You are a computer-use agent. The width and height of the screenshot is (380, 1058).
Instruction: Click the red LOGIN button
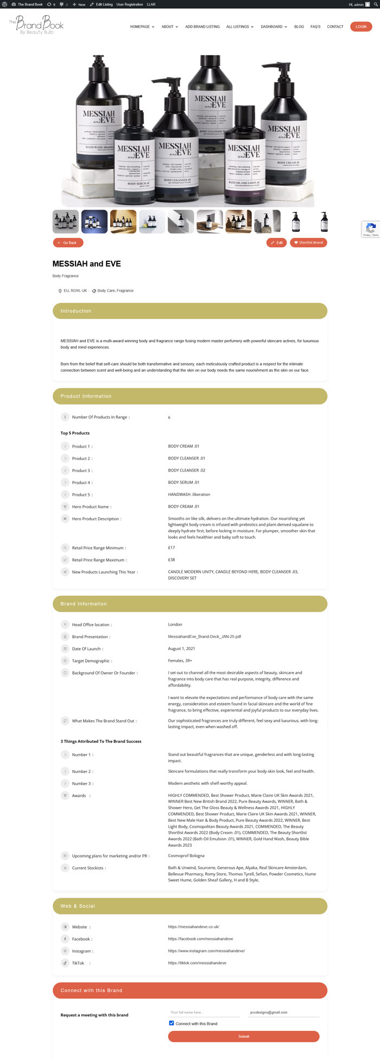pos(361,27)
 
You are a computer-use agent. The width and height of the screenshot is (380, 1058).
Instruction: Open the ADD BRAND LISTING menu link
pos(202,27)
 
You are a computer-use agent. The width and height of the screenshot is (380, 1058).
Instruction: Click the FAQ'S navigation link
pos(315,27)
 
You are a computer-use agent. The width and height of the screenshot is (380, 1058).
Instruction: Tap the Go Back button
pos(68,243)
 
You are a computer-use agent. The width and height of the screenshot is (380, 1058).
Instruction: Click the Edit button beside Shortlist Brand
pos(277,243)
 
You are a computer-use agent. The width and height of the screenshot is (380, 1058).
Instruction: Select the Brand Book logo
pos(36,25)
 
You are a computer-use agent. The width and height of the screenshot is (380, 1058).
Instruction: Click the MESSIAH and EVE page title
pos(87,264)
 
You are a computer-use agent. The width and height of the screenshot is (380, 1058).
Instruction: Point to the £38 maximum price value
pos(172,560)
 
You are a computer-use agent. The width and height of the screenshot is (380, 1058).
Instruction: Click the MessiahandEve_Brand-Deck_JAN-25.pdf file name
pos(205,637)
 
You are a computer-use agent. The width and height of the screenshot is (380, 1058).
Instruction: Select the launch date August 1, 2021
pos(181,648)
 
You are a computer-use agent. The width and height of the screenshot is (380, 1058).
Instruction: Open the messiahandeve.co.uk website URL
pos(194,927)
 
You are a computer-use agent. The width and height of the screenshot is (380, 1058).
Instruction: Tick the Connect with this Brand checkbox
pos(172,1023)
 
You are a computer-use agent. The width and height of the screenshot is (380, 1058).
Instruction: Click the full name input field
pos(204,1012)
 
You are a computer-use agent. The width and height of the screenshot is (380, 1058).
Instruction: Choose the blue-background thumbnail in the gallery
pos(94,222)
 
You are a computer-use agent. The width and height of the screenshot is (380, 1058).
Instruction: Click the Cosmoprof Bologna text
pos(186,856)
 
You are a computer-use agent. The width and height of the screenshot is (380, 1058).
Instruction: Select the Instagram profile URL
pos(206,951)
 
